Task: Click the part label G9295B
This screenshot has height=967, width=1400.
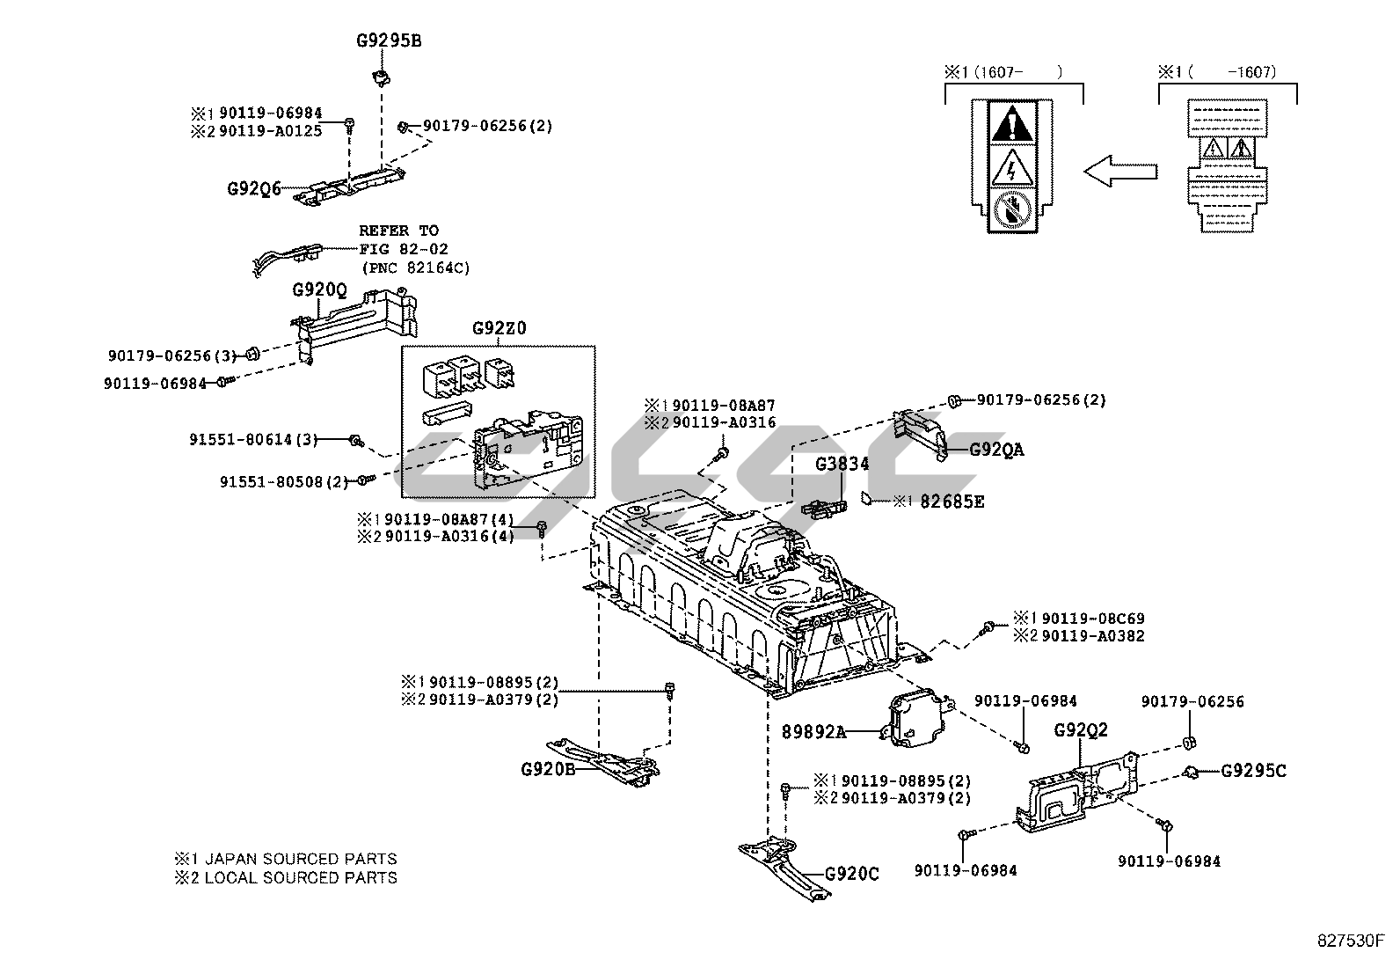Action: coord(388,40)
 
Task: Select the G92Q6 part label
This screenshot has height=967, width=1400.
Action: coord(253,188)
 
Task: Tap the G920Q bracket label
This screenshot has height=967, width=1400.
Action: coord(319,289)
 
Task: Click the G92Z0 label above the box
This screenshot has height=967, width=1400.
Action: coord(499,328)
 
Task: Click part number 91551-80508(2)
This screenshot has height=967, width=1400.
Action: coord(284,481)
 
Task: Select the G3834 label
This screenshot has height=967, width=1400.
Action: coord(842,464)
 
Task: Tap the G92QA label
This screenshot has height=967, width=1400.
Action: coord(996,450)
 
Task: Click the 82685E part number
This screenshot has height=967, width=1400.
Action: coord(952,502)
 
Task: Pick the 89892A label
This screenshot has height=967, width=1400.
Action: coord(813,730)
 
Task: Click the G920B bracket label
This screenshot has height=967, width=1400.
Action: coord(548,768)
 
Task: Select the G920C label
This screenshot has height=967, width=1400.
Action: coord(851,874)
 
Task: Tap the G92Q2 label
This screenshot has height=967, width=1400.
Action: coord(1081,729)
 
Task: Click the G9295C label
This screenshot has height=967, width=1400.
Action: coord(1252,771)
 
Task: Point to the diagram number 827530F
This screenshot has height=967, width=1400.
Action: coord(1350,941)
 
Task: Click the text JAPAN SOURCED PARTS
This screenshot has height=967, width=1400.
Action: coord(301,858)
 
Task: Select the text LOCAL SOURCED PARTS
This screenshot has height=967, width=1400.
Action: coord(301,877)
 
